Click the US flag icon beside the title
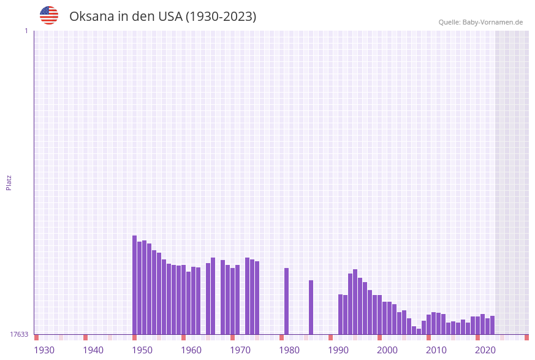click(49, 15)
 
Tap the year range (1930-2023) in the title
click(221, 17)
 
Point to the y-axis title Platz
click(9, 183)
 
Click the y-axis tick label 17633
click(19, 334)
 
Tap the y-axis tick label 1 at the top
click(26, 31)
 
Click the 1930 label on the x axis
click(44, 350)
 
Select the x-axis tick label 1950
click(142, 350)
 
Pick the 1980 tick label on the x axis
click(289, 350)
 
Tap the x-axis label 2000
click(387, 350)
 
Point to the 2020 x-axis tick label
click(485, 350)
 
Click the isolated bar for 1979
click(286, 301)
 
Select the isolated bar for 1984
click(311, 307)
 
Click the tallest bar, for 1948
click(134, 285)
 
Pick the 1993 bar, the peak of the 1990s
click(355, 302)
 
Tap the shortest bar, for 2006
click(419, 331)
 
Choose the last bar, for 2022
click(492, 325)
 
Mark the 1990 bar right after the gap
click(340, 314)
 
